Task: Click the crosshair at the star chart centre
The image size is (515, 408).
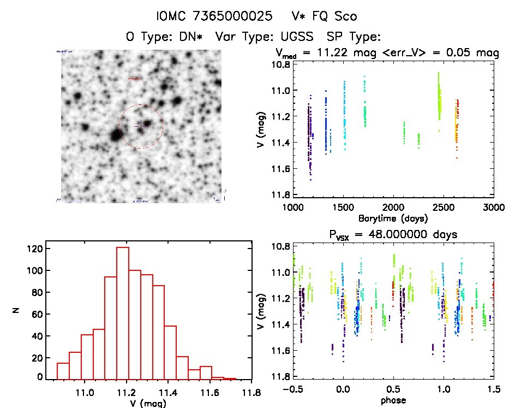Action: (140, 125)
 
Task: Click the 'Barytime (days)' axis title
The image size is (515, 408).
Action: (393, 218)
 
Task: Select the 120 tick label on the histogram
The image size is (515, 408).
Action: (35, 249)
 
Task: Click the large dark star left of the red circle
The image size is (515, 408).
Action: (115, 135)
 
